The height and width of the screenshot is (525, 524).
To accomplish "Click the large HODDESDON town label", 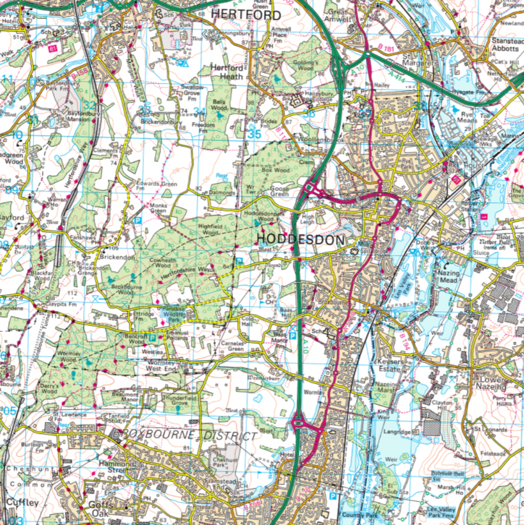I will (296, 239).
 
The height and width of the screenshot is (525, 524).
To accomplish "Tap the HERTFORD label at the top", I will (246, 14).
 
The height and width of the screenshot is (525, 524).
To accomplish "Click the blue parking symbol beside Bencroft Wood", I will (152, 337).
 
